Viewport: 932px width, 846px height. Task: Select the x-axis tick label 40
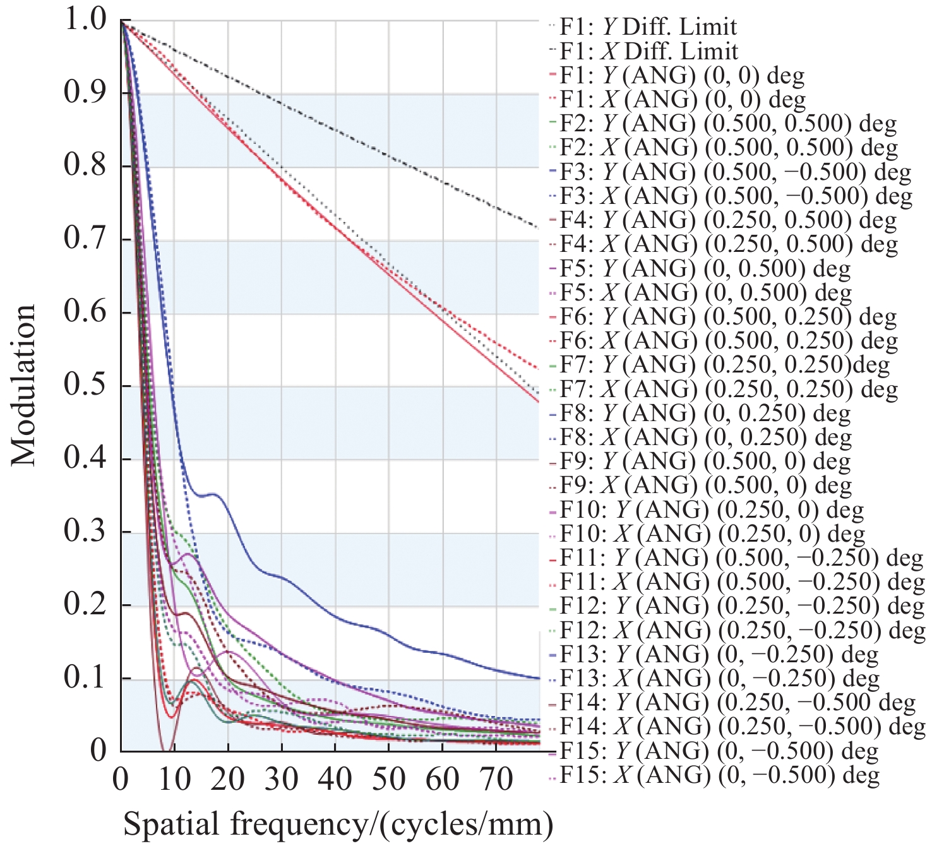(335, 779)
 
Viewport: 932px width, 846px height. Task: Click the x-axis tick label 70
(496, 779)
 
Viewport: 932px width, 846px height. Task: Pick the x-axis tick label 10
(174, 779)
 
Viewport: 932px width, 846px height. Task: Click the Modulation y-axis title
(24, 384)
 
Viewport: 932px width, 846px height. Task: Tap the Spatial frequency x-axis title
(338, 824)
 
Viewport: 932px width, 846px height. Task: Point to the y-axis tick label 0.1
(85, 677)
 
